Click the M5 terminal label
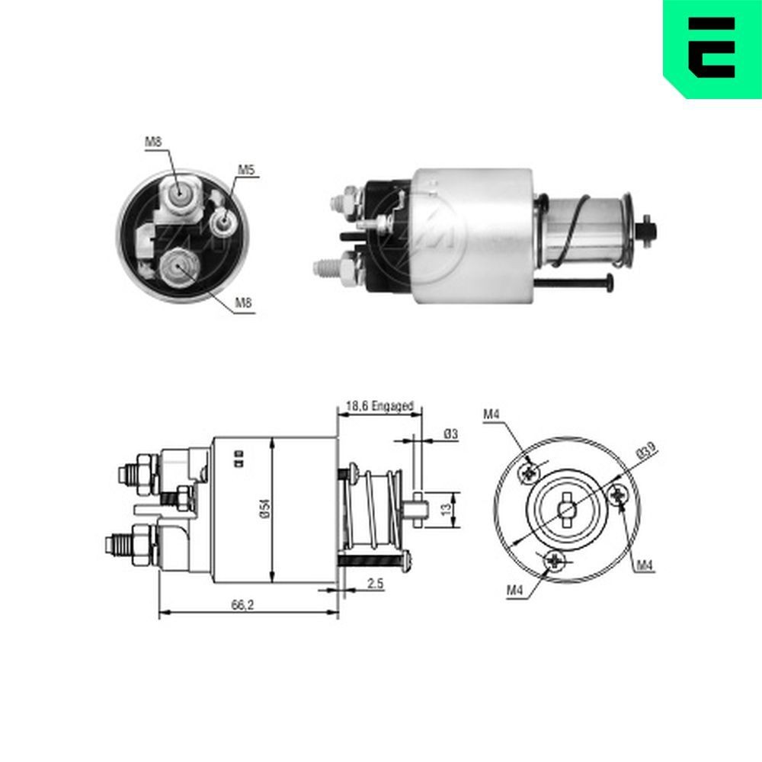click(245, 170)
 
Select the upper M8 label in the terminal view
click(154, 141)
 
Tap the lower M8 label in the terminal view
click(243, 303)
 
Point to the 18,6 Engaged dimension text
click(379, 407)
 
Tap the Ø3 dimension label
click(451, 434)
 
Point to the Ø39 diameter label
click(647, 451)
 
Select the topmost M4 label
click(491, 414)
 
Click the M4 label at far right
click(645, 565)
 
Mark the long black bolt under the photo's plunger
click(575, 284)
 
